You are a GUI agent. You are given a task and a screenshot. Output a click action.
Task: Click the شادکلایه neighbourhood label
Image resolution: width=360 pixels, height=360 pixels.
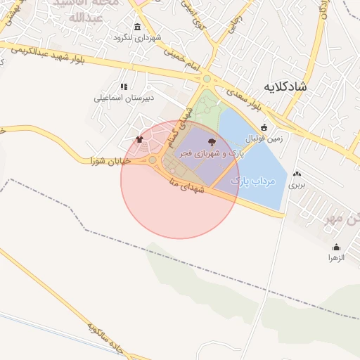[x=285, y=86]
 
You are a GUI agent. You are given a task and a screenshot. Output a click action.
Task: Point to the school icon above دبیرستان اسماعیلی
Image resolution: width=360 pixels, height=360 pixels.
[x=124, y=86]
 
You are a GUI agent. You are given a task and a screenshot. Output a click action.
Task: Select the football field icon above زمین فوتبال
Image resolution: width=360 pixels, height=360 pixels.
[x=264, y=128]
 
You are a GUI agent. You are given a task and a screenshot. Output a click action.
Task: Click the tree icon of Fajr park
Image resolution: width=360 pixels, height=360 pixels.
[x=213, y=142]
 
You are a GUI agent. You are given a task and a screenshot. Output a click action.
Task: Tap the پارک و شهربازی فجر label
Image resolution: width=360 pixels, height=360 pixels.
[x=212, y=153]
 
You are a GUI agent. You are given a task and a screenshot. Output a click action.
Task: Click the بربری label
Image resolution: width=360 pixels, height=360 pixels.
[x=297, y=185]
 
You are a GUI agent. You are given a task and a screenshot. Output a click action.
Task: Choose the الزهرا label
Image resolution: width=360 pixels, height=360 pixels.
[x=337, y=257]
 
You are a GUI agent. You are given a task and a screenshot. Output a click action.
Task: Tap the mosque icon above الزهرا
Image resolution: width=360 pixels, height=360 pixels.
[x=336, y=247]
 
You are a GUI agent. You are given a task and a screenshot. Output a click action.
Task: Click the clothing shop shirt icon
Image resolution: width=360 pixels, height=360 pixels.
[x=139, y=139]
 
